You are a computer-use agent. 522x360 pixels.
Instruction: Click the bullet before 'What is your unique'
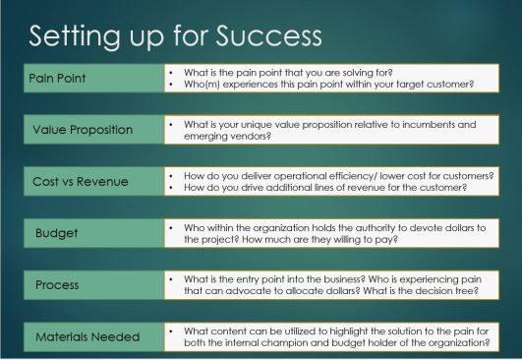click(x=171, y=125)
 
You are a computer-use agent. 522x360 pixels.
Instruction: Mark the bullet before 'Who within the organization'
click(x=171, y=227)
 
